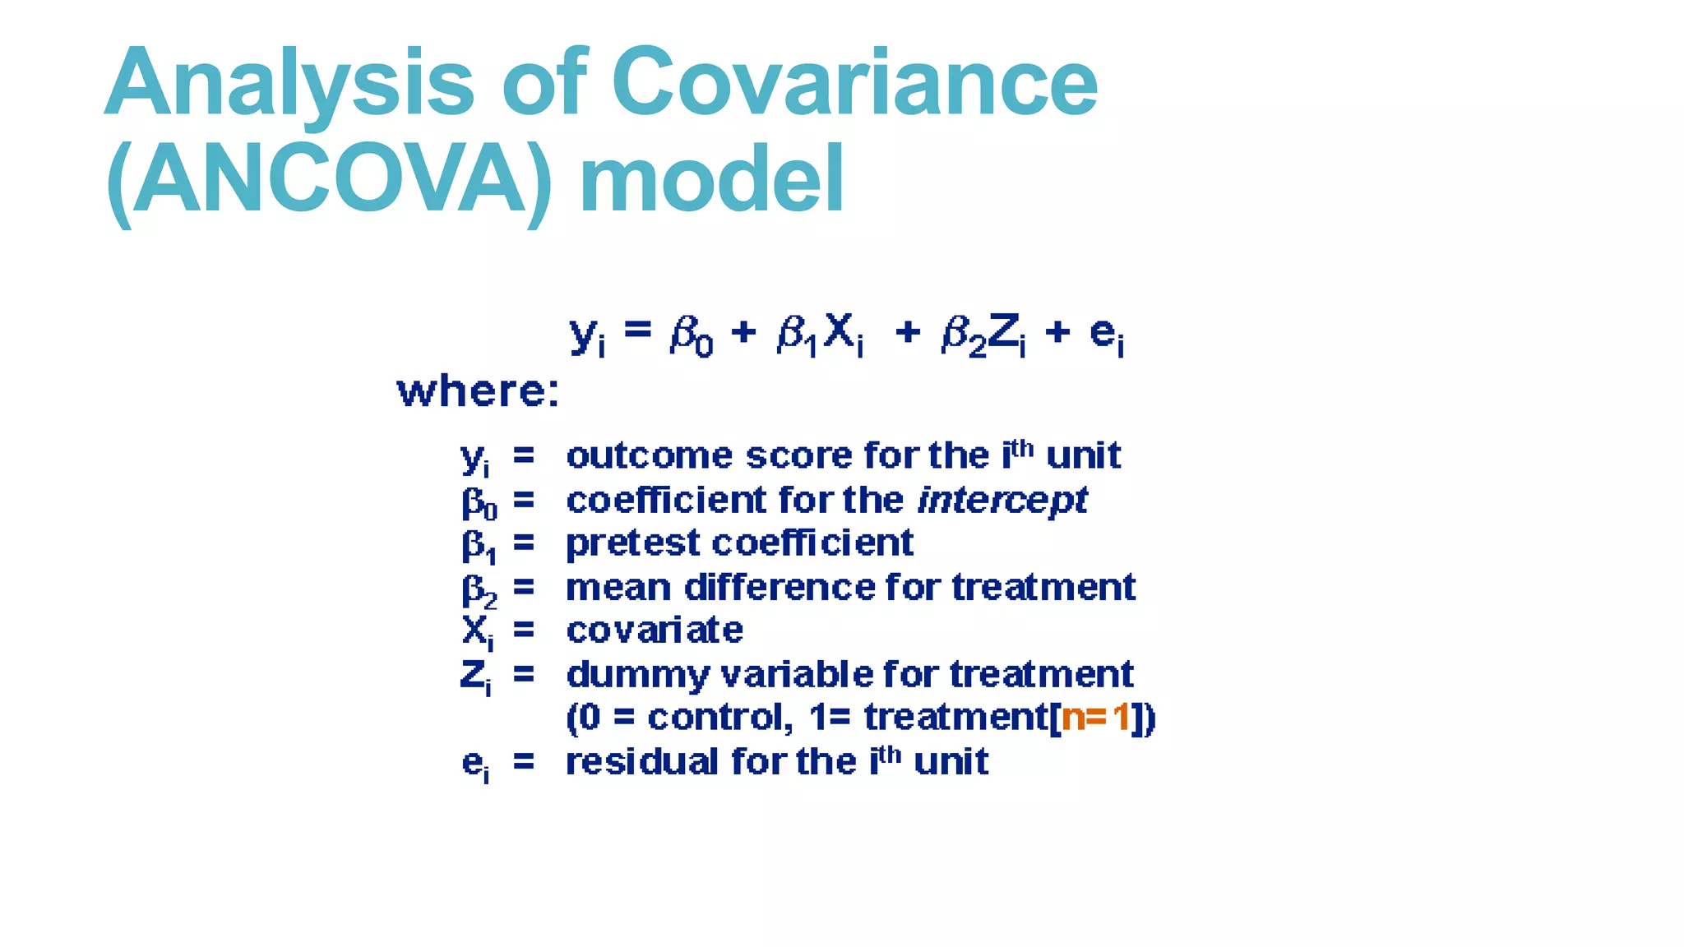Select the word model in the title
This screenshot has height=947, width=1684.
[x=712, y=179]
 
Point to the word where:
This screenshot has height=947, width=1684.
[x=478, y=391]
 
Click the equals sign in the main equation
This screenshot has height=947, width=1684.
[x=638, y=330]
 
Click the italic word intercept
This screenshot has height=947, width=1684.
[x=1002, y=501]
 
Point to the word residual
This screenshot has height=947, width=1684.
[x=641, y=761]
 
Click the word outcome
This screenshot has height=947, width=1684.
[x=650, y=456]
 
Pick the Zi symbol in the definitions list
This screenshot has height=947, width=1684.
[x=476, y=677]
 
